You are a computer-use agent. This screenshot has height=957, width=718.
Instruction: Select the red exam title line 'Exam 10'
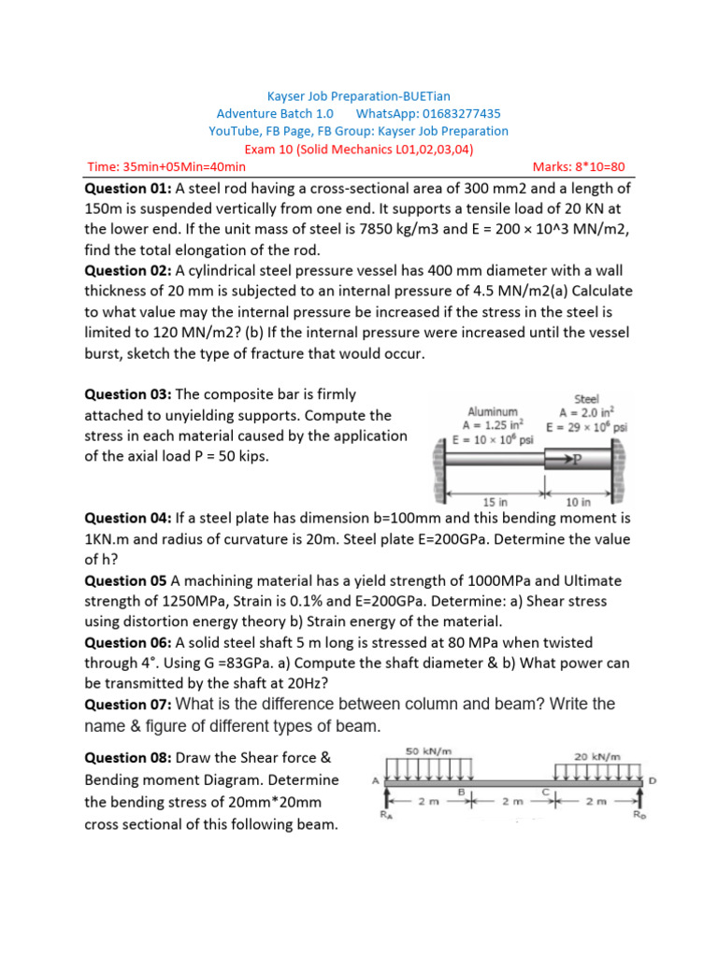click(x=358, y=149)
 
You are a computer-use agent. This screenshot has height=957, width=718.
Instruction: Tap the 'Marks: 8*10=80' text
click(x=579, y=167)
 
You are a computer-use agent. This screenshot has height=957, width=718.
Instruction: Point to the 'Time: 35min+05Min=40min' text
click(x=166, y=167)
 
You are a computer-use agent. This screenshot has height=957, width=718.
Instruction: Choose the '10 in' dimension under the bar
click(x=579, y=501)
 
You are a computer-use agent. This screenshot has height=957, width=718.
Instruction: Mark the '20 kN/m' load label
click(x=598, y=757)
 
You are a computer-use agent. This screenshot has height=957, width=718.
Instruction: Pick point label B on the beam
click(x=461, y=791)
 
